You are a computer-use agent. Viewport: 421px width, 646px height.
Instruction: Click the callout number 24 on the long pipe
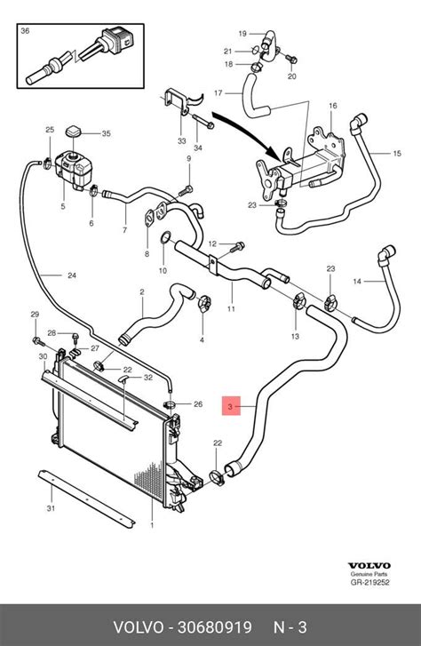tap(70, 275)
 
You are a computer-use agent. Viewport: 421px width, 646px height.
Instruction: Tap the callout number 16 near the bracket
tap(333, 106)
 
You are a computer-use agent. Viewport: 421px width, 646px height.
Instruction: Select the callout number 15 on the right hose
tap(398, 154)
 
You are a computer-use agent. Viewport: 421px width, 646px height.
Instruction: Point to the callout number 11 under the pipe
tap(231, 309)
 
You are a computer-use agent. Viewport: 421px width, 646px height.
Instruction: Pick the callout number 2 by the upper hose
tap(141, 291)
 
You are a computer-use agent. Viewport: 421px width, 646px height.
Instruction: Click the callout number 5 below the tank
tap(63, 207)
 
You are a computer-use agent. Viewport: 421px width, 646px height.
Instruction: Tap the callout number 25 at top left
tap(50, 131)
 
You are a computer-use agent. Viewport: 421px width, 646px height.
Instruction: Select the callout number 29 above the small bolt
tap(35, 315)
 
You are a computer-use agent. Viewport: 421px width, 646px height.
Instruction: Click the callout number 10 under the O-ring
tap(163, 270)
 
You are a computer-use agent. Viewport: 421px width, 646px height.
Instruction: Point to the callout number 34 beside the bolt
tap(198, 148)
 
